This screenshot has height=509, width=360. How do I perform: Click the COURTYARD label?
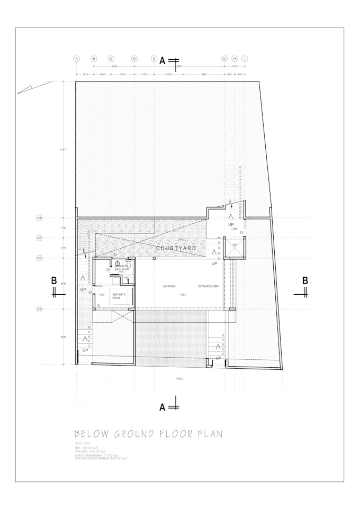click(x=176, y=248)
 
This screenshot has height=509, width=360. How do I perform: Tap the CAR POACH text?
click(x=169, y=286)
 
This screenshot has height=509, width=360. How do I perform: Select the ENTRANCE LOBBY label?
click(x=208, y=286)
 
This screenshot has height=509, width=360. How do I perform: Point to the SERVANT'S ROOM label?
click(x=115, y=296)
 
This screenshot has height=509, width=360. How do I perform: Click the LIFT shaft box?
click(x=235, y=246)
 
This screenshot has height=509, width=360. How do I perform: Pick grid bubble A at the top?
click(x=77, y=59)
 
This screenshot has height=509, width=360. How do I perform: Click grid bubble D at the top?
click(x=134, y=59)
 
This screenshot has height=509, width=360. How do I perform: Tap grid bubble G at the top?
click(x=224, y=59)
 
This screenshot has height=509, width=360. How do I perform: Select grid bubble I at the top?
click(x=245, y=59)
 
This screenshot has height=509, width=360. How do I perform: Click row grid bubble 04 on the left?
click(x=39, y=218)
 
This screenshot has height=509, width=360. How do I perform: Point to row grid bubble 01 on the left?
click(x=39, y=309)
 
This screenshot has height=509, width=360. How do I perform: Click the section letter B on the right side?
click(x=305, y=280)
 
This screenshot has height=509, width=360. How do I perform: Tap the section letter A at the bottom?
click(x=163, y=407)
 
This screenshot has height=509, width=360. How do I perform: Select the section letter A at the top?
click(x=163, y=61)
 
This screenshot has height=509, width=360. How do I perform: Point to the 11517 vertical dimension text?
click(x=62, y=150)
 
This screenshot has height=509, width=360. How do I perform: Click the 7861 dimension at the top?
click(x=179, y=67)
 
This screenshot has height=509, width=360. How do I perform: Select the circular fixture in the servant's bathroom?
click(x=118, y=263)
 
